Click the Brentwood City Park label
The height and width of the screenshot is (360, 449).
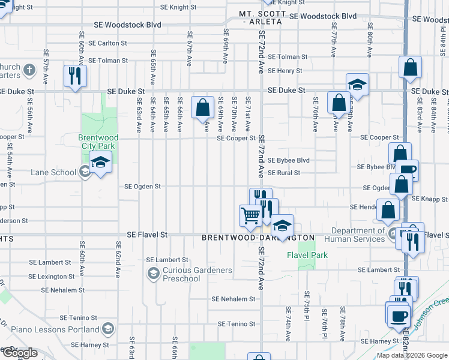point(98,142)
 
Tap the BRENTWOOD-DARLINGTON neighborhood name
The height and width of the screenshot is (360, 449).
point(258,238)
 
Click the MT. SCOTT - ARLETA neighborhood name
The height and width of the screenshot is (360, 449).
point(261,17)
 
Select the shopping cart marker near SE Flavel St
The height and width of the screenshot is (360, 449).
point(250,215)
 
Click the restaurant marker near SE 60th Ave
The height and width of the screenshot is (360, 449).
point(75,76)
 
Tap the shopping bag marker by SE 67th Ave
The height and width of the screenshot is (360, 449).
point(203,108)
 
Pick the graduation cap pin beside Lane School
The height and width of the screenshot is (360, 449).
point(101,162)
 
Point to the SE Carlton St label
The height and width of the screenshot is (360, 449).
point(107,43)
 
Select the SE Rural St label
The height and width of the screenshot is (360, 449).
point(283,173)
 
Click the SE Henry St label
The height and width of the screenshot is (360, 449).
point(285,71)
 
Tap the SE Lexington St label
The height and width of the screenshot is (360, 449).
point(55,277)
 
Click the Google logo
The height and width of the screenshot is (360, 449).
point(20,353)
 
